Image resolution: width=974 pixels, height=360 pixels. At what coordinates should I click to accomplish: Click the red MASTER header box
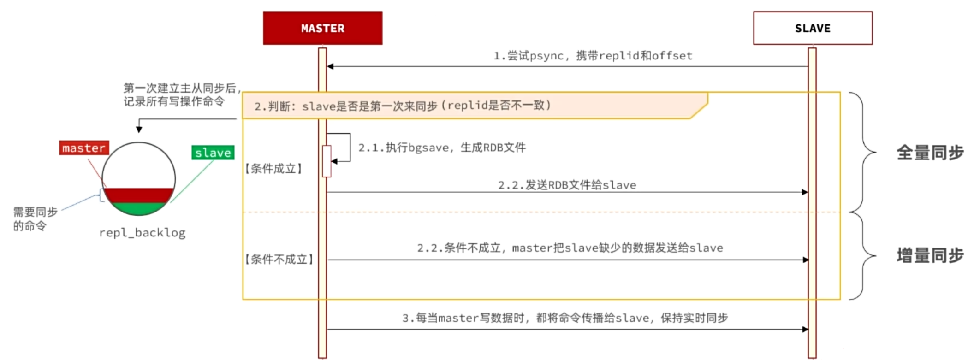click(322, 28)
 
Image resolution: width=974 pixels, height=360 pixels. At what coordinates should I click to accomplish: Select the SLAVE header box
click(813, 28)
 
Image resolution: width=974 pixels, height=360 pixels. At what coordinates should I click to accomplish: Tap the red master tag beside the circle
click(84, 148)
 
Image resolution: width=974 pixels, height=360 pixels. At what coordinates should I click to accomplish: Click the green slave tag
click(213, 153)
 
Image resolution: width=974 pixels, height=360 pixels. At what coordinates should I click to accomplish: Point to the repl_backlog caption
click(142, 233)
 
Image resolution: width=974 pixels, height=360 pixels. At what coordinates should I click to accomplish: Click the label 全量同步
click(930, 153)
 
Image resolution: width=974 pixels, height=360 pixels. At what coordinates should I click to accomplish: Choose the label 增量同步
click(930, 255)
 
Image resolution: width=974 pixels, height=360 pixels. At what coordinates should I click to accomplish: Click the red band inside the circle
click(138, 195)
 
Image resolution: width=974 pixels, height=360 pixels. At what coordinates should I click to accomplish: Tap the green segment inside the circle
click(138, 209)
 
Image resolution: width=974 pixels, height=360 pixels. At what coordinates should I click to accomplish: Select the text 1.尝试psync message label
click(593, 56)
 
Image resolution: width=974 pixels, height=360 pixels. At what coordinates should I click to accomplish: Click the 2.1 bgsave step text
click(442, 148)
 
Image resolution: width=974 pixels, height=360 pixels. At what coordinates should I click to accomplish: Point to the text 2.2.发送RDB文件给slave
click(567, 185)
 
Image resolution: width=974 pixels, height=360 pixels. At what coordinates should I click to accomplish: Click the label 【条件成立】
click(273, 169)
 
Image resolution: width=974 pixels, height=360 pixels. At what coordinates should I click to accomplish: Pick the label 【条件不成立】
click(279, 260)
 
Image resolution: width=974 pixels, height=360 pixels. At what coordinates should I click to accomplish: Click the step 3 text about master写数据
click(565, 318)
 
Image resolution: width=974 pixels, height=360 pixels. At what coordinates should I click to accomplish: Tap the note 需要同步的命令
click(35, 218)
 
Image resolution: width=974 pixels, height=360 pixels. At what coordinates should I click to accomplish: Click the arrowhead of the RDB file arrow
click(805, 192)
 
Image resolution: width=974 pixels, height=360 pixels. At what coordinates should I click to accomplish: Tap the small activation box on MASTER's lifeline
click(327, 161)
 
